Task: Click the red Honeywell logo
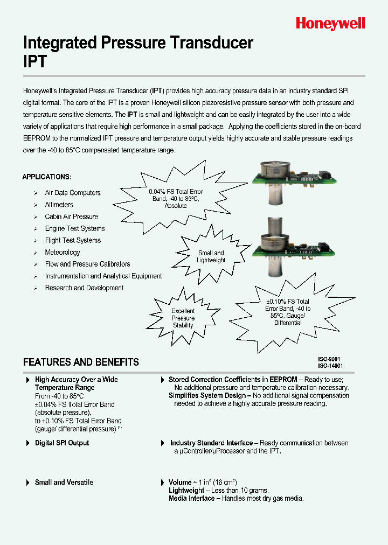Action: tap(330, 23)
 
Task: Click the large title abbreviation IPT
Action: tap(35, 61)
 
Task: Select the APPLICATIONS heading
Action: tap(46, 177)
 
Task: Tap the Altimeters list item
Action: tap(59, 205)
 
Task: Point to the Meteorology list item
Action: tap(63, 252)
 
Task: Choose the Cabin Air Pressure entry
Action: tap(71, 216)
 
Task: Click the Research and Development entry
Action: tap(84, 288)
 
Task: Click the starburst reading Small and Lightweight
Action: tap(211, 256)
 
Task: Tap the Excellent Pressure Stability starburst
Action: tap(183, 318)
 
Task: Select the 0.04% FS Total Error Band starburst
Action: tap(176, 198)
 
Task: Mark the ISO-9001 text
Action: tap(329, 359)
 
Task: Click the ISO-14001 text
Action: tap(330, 366)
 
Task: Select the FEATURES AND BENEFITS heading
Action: tap(81, 362)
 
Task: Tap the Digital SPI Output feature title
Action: tap(61, 443)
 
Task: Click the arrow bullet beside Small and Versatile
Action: tap(28, 483)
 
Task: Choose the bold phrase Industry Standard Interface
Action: tap(211, 443)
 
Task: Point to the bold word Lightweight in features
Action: tap(186, 490)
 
